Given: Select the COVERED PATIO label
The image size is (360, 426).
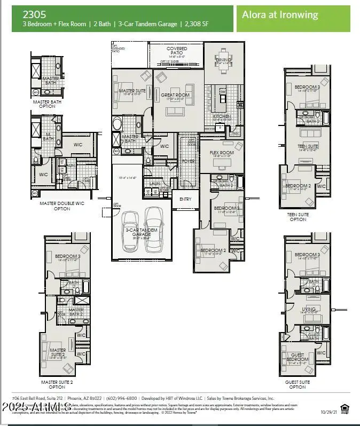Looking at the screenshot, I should [177, 52].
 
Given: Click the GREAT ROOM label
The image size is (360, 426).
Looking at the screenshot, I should [176, 95].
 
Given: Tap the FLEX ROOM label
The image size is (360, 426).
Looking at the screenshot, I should [221, 153].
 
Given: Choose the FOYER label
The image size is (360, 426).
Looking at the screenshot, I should [188, 160].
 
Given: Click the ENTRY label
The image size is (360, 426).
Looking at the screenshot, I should [185, 199].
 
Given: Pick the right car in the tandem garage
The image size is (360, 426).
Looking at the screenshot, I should [154, 228].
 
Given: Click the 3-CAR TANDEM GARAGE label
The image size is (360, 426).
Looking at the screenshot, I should [141, 232].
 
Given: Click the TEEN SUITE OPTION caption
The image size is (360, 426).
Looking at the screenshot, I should [298, 216].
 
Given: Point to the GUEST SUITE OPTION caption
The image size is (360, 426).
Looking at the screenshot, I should [298, 384].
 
